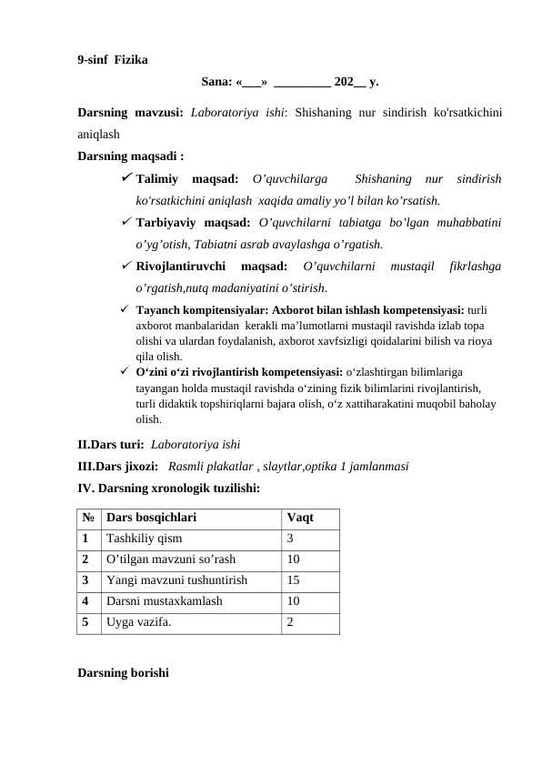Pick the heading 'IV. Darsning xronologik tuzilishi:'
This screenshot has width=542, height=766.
point(168,489)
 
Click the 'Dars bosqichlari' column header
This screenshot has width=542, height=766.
point(150,518)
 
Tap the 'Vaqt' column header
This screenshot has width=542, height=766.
point(300,518)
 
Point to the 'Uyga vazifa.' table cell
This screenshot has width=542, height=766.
point(137,622)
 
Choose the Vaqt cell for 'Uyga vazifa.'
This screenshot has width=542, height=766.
point(290,622)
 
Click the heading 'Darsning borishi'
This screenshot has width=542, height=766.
point(123,673)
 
